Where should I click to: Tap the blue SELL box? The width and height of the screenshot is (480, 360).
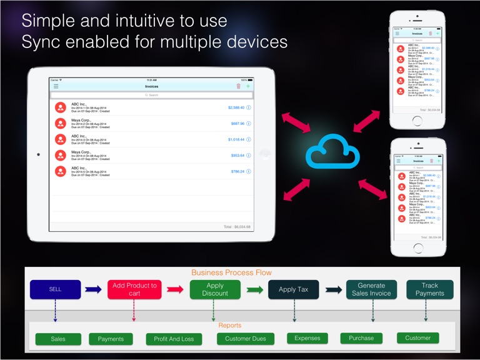point(55,289)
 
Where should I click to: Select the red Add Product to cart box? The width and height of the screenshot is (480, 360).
point(134,289)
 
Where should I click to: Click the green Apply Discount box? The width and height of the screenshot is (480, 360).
point(214,289)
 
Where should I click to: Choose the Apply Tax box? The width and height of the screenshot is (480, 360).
point(293,289)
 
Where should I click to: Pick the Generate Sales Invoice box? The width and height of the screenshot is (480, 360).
point(372,289)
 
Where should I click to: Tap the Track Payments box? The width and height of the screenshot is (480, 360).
point(429,289)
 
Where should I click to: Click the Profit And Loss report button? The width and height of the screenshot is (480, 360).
point(174,339)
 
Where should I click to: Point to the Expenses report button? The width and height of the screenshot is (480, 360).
point(307,338)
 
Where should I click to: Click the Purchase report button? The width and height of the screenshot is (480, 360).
point(361,338)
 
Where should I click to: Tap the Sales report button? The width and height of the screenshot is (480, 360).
point(58,339)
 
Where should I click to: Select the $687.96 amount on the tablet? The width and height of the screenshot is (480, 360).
point(237,124)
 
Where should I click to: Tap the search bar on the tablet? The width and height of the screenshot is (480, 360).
point(152,95)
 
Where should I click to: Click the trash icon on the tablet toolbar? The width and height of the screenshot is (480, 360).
point(238,87)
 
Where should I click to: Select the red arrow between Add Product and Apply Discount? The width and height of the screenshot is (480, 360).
point(174,289)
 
